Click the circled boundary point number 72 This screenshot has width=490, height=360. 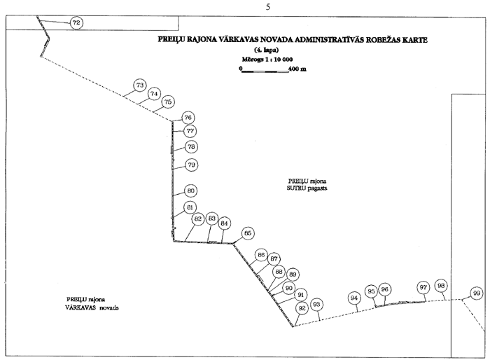coord(76,23)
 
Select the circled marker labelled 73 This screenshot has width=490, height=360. coord(140,85)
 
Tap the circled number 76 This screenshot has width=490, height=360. coord(188,118)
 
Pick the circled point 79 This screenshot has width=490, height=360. coord(191,165)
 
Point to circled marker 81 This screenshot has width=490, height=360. coord(190,207)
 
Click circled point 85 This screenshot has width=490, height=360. coord(247,233)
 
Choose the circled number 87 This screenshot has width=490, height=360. coord(274,259)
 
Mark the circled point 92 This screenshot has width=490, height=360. coord(302,307)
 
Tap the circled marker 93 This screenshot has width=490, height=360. coord(317,304)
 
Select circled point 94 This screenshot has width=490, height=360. coord(354,298)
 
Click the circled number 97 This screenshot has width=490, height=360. coord(423,287)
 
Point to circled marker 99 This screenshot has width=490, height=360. coord(477,293)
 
